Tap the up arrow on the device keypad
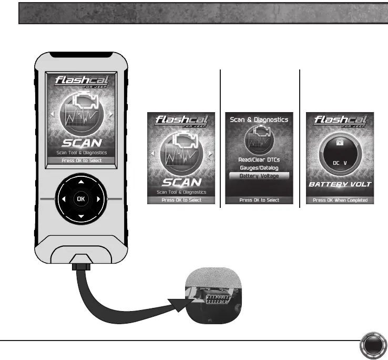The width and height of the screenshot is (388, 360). [80, 182]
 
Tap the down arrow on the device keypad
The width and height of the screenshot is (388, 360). [80, 217]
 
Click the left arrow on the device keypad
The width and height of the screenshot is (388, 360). [63, 200]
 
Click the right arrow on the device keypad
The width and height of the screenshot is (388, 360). [98, 200]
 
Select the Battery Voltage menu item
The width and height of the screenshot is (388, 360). [256, 176]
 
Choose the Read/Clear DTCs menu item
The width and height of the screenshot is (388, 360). [256, 159]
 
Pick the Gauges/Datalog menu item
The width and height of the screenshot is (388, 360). [256, 167]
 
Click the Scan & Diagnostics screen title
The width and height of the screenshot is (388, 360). [259, 119]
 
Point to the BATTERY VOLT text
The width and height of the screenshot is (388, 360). [340, 184]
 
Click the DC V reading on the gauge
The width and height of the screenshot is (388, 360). [340, 164]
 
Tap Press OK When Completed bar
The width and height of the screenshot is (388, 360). [340, 200]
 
